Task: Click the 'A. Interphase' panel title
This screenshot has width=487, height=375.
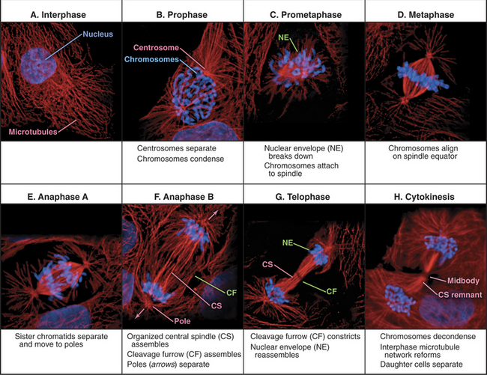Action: [x=58, y=14]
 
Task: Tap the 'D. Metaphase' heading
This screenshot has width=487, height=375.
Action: [x=426, y=14]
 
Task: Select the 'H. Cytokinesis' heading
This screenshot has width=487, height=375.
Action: [x=424, y=197]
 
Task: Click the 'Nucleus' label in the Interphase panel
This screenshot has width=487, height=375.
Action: [x=98, y=34]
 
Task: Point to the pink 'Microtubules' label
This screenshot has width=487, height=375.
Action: [x=33, y=132]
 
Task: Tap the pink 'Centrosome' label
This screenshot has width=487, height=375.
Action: [x=157, y=47]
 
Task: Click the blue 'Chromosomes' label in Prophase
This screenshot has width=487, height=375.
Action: [x=151, y=59]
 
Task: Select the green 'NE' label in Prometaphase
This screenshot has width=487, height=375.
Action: [x=283, y=37]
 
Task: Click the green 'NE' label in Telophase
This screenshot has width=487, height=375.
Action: [x=288, y=243]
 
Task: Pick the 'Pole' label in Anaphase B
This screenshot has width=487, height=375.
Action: [x=182, y=320]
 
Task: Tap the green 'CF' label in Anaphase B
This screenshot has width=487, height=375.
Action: [x=232, y=293]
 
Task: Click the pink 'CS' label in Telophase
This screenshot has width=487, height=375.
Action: [x=267, y=264]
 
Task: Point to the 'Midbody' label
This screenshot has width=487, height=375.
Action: [x=463, y=281]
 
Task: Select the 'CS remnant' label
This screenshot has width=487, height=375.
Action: [x=460, y=295]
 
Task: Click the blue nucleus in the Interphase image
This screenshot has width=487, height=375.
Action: [x=38, y=65]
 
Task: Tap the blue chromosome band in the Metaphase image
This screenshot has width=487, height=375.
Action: [x=423, y=76]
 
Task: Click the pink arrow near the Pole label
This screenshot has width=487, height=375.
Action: [x=139, y=314]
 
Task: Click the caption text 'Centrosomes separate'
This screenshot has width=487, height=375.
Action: [x=176, y=148]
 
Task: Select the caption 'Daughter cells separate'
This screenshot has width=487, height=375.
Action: [x=421, y=364]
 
